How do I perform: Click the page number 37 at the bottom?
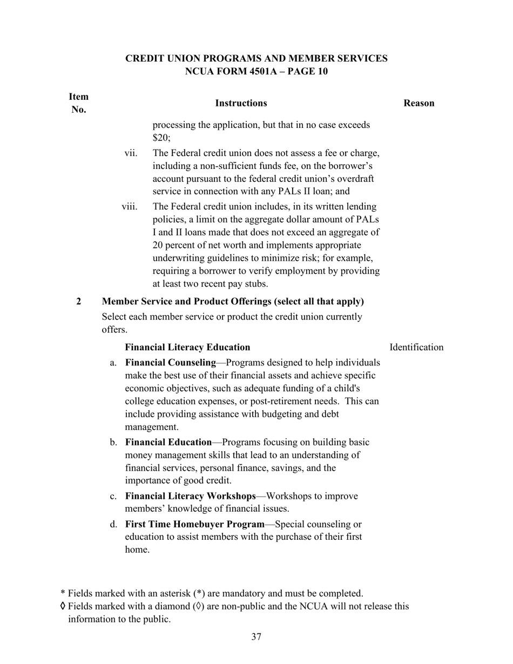pyautogui.click(x=256, y=637)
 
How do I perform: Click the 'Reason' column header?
pyautogui.click(x=418, y=103)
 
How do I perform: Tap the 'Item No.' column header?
pyautogui.click(x=79, y=103)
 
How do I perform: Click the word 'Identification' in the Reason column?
pyautogui.click(x=416, y=347)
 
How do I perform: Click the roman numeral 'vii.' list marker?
pyautogui.click(x=131, y=153)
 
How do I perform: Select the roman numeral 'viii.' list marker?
pyautogui.click(x=129, y=206)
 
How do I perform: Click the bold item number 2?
pyautogui.click(x=79, y=301)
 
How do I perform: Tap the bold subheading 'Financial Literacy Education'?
pyautogui.click(x=187, y=347)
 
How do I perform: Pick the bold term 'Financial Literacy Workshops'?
pyautogui.click(x=191, y=496)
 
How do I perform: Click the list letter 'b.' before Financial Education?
pyautogui.click(x=113, y=443)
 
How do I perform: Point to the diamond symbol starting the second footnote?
pyautogui.click(x=63, y=606)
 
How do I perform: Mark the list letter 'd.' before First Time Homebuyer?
pyautogui.click(x=113, y=524)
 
